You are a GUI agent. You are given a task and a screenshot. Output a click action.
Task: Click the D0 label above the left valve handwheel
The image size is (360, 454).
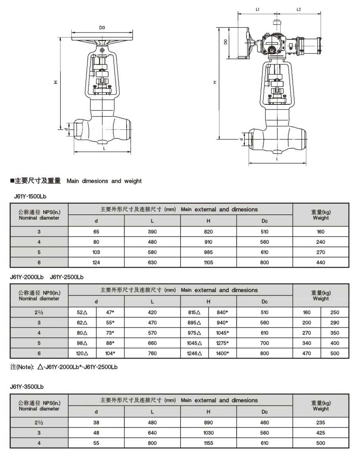tap(102, 28)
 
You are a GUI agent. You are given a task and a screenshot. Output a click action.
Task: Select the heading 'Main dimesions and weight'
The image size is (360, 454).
tap(104, 181)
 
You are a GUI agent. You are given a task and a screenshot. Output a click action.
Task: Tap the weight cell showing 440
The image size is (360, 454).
tap(321, 262)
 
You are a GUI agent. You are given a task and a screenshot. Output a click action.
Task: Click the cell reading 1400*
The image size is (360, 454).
tap(223, 353)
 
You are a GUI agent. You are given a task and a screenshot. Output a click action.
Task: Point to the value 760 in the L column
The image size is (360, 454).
tap(152, 353)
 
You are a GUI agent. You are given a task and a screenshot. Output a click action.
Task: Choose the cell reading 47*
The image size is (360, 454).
tap(110, 312)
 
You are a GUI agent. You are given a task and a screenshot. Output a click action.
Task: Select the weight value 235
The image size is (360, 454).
tap(321, 423)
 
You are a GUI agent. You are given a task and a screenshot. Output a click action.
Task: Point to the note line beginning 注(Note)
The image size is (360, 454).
tap(64, 367)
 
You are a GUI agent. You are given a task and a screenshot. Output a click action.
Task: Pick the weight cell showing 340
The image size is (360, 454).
tap(307, 343)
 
